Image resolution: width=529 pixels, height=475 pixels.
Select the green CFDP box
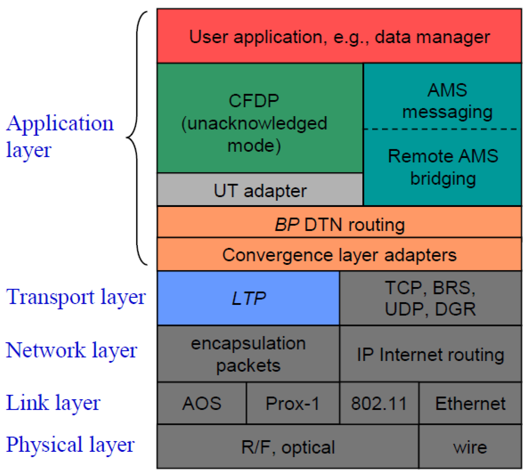point(260,118)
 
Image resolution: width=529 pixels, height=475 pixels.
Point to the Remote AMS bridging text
point(443,167)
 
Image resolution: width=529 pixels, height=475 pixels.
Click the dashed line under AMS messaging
point(442,129)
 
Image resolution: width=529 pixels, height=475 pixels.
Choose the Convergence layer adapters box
point(339,255)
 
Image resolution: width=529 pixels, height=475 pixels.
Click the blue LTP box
point(248,298)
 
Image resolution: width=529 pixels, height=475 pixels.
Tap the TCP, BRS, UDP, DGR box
point(430,298)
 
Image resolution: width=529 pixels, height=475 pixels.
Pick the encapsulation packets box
point(248,354)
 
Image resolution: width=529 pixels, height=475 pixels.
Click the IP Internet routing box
point(430,354)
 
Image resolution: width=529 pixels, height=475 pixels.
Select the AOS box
point(202,403)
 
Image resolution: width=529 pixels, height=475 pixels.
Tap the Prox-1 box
point(293,403)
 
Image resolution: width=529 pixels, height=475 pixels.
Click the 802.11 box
point(379,403)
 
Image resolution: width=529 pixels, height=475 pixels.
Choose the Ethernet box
point(470,403)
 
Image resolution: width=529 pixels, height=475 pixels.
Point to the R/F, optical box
point(288,447)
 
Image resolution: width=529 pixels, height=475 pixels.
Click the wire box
point(470,447)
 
